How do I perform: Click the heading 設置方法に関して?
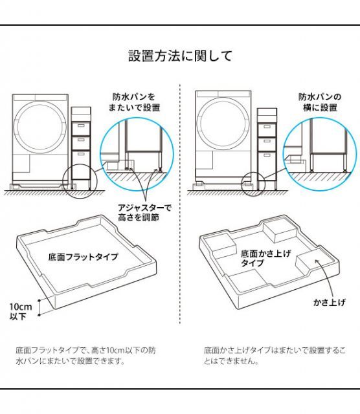[180, 56]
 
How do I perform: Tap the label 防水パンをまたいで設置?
[136, 102]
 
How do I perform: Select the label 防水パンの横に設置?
[318, 102]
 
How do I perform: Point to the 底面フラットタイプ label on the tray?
[83, 257]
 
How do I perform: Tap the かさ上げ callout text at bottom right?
[327, 302]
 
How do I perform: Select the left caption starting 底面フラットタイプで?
[85, 355]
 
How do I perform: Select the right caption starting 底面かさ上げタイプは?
[275, 355]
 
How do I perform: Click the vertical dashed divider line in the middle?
[179, 207]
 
